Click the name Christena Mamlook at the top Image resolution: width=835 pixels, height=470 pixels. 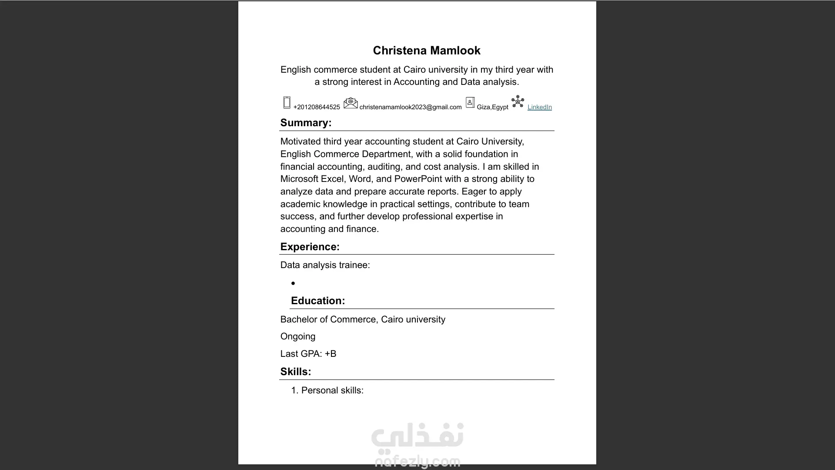[426, 50]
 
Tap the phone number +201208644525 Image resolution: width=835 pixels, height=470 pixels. [317, 107]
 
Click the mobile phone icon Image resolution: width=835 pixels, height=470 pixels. [287, 103]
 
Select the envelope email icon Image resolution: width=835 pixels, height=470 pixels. [351, 103]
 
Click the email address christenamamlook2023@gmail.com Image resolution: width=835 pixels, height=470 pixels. [410, 107]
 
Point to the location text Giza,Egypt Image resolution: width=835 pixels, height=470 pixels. [492, 107]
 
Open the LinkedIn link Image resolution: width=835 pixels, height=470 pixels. [539, 107]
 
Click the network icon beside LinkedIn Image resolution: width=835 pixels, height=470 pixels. [518, 102]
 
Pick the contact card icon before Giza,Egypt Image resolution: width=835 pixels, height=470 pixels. [470, 103]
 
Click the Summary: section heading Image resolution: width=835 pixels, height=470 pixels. [306, 123]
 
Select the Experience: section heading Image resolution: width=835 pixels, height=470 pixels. [310, 247]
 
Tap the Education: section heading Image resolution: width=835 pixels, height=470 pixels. [317, 301]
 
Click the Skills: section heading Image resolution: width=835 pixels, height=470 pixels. [296, 372]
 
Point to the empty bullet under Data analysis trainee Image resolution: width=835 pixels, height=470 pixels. [293, 283]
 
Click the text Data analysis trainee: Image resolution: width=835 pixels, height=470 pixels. [325, 265]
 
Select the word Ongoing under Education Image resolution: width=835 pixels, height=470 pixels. [298, 336]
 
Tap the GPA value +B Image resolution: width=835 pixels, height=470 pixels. [331, 354]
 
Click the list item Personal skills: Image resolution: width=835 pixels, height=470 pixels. [332, 390]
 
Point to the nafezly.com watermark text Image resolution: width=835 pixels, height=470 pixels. [417, 461]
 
